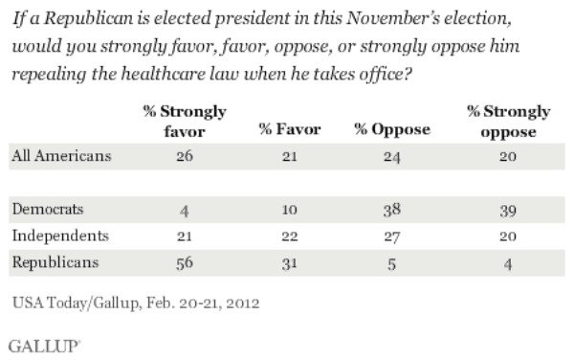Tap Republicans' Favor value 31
tap(287, 260)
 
